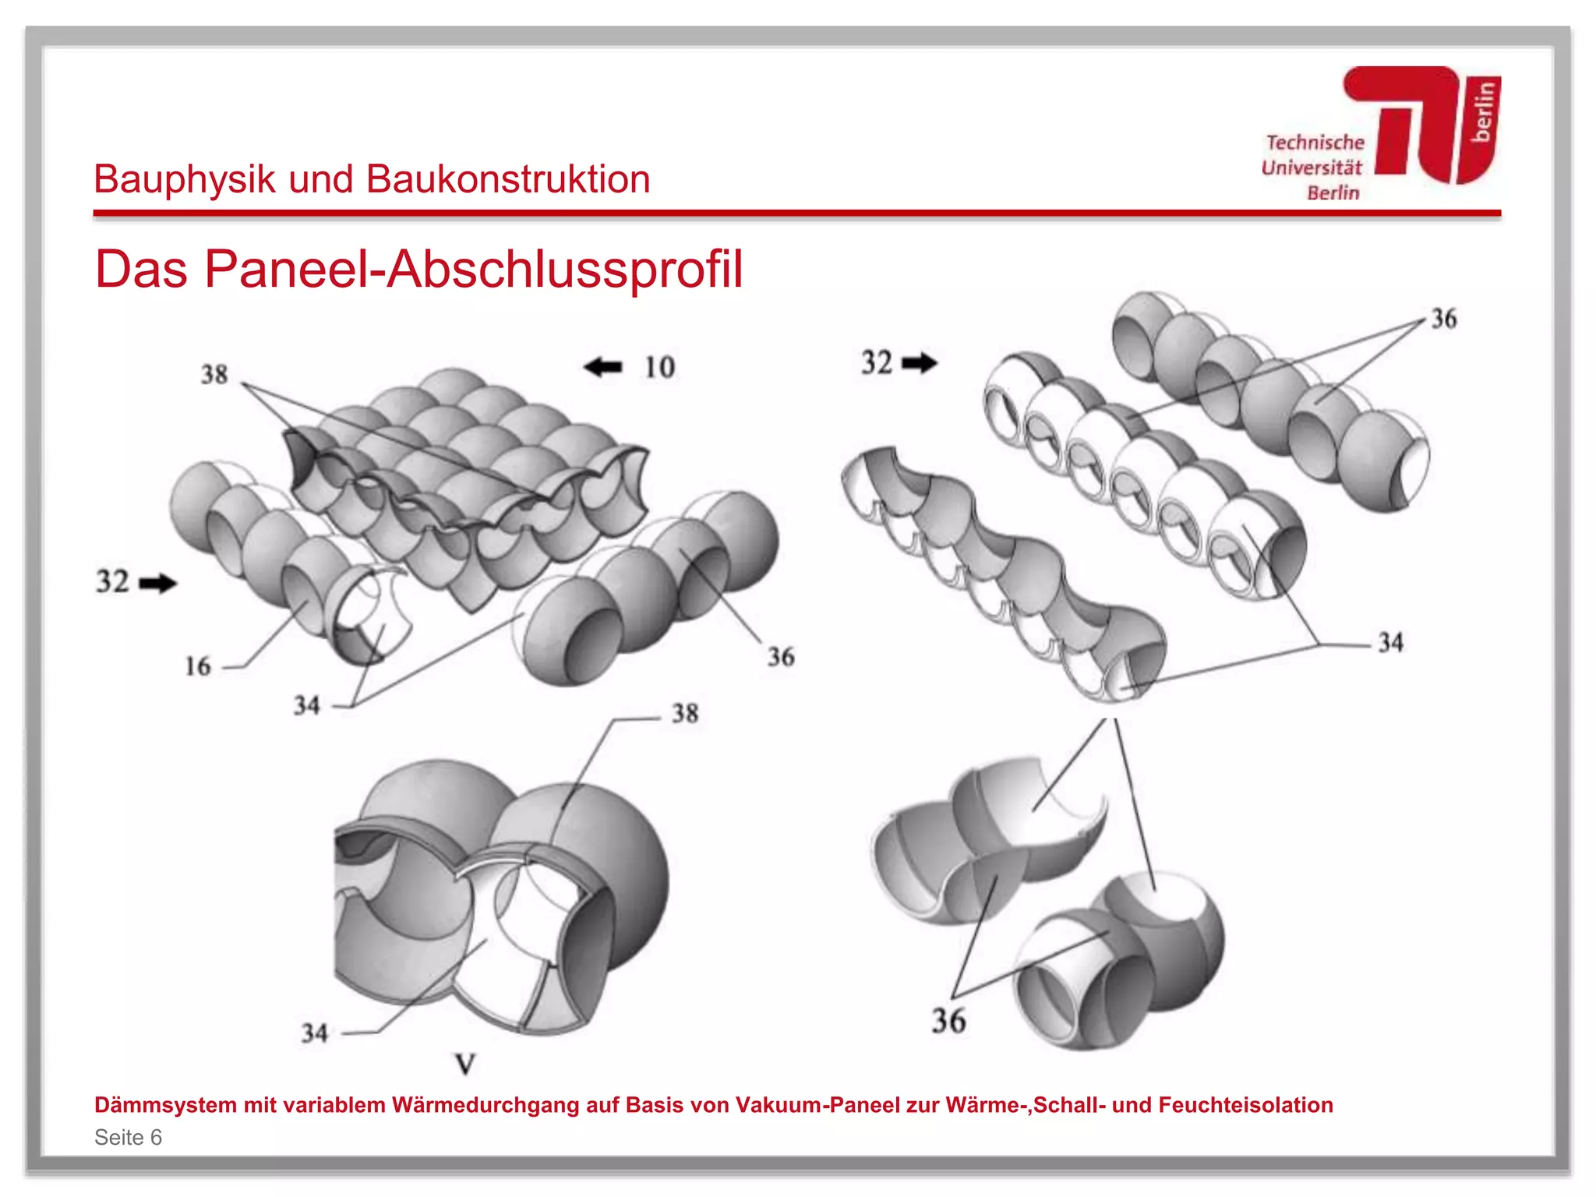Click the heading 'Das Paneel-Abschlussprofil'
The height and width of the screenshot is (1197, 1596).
[418, 270]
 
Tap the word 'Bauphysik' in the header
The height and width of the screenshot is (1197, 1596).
[185, 179]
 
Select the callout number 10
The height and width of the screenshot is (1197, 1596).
[659, 367]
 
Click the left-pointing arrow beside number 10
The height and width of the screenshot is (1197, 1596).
[603, 366]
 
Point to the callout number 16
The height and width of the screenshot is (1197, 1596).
[198, 666]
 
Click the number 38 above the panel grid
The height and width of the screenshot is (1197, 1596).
[214, 375]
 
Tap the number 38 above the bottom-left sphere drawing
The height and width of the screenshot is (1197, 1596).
[685, 713]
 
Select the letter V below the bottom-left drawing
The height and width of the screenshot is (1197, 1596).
[465, 1064]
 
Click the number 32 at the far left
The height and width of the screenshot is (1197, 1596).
[112, 581]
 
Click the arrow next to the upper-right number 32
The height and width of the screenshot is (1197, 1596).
[920, 362]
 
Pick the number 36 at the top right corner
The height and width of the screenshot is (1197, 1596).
[1443, 319]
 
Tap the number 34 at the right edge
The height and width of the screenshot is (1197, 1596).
[1391, 643]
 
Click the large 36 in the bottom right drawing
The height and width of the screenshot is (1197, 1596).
[948, 1021]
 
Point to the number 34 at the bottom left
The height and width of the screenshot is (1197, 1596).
[314, 1033]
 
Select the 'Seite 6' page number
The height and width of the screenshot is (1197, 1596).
[128, 1138]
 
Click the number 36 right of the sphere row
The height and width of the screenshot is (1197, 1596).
[781, 657]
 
